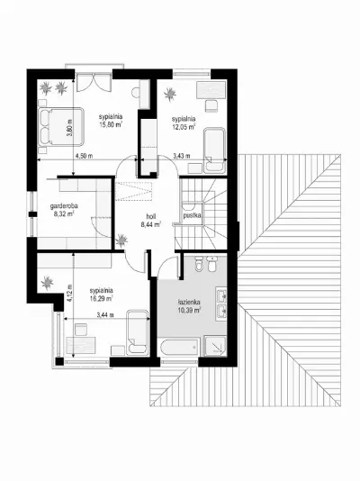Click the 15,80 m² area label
point(111,124)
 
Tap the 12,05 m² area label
point(184,126)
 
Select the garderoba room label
point(64,206)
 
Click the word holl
point(151,217)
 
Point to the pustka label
point(192,215)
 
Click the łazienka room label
point(189,302)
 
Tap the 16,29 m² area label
point(102,298)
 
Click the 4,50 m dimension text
point(84,156)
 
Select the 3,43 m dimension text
point(182,156)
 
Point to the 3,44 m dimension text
point(105,314)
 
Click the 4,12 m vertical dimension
point(69,294)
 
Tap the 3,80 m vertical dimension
point(69,128)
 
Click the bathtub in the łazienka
point(179,348)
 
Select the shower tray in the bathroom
point(216,346)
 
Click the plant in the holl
point(121,240)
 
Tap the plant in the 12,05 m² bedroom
point(170,94)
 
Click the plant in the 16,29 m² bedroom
point(47,283)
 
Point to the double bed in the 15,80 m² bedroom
point(61,127)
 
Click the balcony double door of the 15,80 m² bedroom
point(94,82)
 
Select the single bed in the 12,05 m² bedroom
point(215,150)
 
